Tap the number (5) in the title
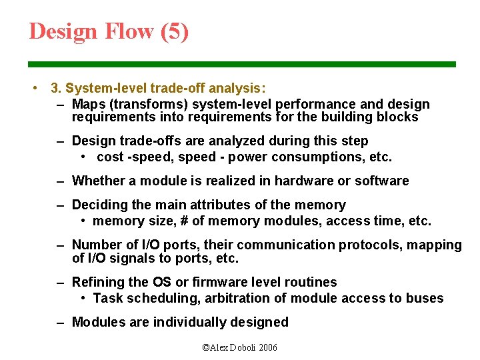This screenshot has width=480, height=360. tap(175, 31)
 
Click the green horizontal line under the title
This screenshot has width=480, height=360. tap(241, 65)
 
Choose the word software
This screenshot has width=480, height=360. tap(380, 181)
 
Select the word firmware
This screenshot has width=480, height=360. tap(217, 283)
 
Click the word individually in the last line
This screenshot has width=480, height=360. tap(189, 323)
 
